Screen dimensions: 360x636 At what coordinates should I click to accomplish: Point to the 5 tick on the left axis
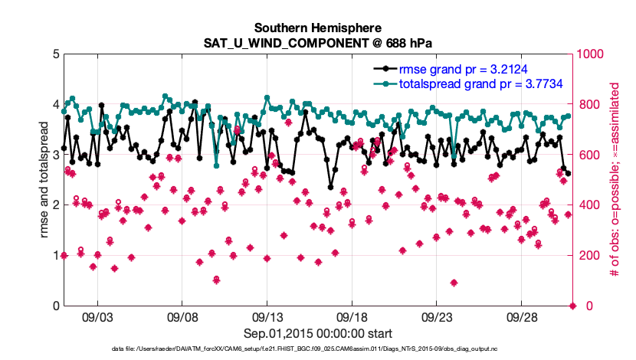(x=54, y=54)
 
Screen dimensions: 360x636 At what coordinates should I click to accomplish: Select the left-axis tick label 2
(x=54, y=205)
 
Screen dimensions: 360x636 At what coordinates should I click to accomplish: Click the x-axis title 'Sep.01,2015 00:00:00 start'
(x=318, y=333)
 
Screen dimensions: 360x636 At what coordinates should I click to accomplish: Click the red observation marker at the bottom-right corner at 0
(x=573, y=306)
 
